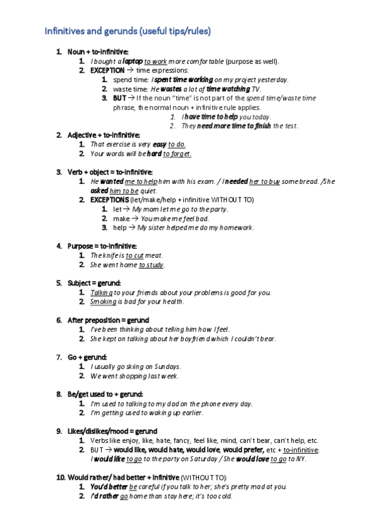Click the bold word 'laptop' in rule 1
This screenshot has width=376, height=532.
(132, 61)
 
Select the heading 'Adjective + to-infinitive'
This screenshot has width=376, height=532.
(104, 135)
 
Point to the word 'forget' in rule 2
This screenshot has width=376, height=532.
(180, 154)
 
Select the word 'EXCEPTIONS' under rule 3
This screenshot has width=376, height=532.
(109, 199)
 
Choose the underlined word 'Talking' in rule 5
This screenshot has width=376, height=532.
(101, 292)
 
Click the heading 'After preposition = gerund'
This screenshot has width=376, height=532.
(108, 320)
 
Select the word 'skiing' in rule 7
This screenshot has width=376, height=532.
(134, 366)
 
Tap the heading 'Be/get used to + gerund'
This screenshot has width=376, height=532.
(105, 394)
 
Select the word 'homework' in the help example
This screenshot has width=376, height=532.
(235, 228)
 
